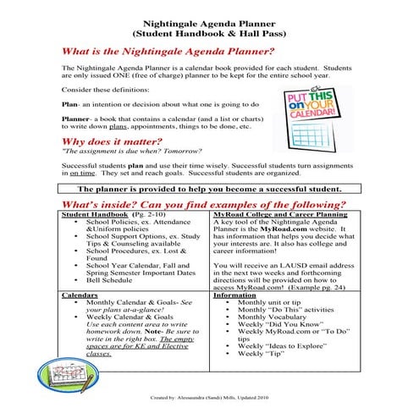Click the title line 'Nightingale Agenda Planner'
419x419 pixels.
[x=210, y=16]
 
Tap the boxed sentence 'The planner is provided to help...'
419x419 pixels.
[x=209, y=188]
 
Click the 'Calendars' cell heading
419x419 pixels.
[x=80, y=294]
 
